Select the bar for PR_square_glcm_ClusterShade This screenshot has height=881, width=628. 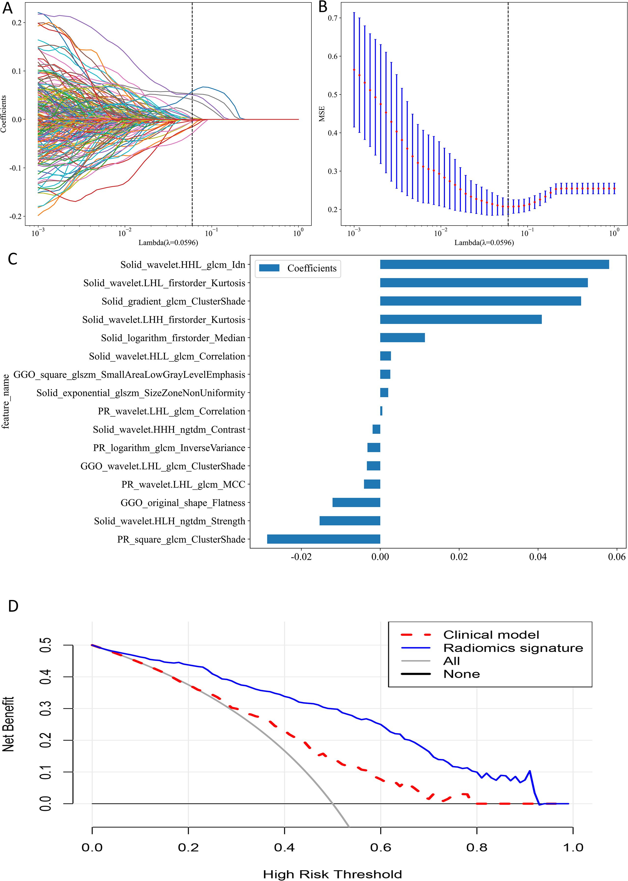[x=324, y=539]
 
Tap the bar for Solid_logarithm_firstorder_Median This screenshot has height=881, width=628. [x=402, y=338]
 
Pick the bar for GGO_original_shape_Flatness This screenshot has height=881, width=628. [x=356, y=502]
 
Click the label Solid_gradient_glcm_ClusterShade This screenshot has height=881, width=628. [x=173, y=301]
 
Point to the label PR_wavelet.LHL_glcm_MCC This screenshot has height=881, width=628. [x=183, y=485]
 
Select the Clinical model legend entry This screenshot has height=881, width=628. [x=491, y=635]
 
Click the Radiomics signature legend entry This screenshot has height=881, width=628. [x=513, y=648]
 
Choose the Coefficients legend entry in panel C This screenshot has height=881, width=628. [x=312, y=268]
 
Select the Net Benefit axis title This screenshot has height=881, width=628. [x=9, y=724]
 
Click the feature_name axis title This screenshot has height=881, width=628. [x=6, y=401]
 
